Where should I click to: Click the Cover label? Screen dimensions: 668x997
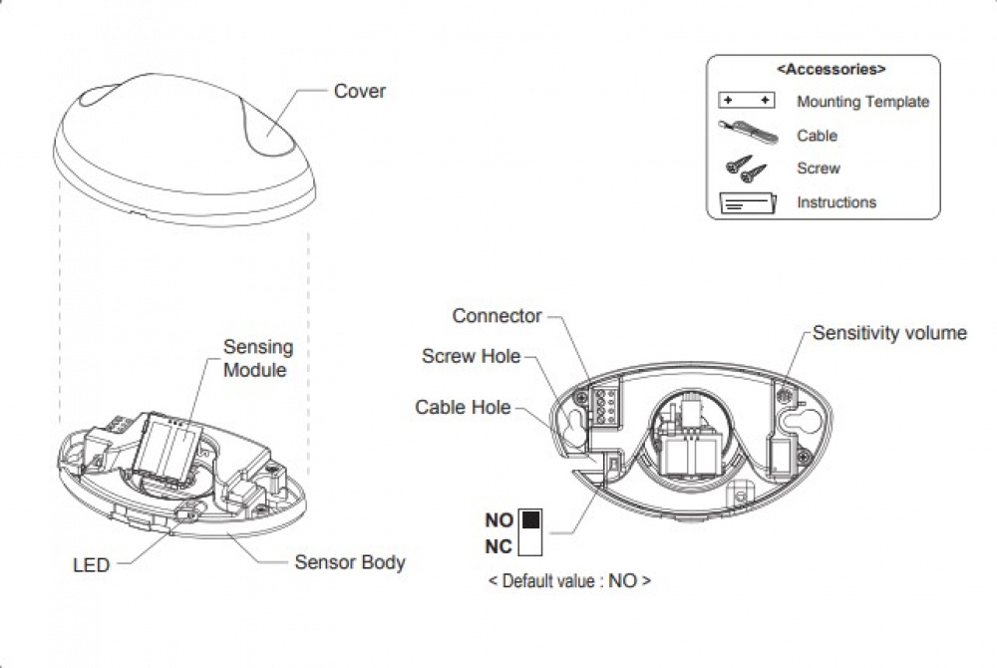359,92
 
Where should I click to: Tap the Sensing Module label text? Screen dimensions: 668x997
257,358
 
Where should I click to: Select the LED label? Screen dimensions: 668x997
91,565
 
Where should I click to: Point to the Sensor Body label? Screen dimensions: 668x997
349,562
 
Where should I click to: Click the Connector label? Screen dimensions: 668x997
497,316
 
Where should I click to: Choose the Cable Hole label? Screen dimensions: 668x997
463,407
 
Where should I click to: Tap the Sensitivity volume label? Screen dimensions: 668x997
889,333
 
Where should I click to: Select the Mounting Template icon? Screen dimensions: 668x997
746,102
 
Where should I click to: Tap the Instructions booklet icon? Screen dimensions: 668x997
746,202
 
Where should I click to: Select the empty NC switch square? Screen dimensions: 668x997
529,543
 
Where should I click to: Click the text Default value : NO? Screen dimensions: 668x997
569,580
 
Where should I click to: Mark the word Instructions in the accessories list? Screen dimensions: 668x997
836,202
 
